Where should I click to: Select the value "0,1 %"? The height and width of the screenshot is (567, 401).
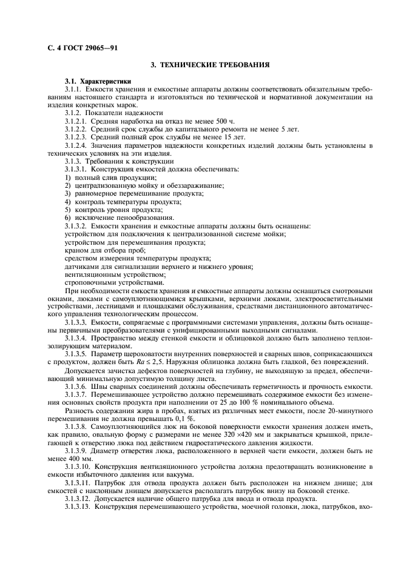pos(176,418)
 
